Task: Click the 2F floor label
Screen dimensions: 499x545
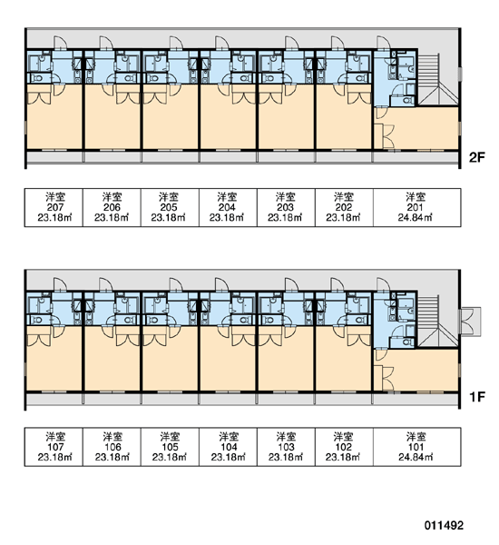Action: (476, 157)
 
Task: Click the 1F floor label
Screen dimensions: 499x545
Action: (476, 396)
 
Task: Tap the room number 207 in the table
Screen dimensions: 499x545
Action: (54, 207)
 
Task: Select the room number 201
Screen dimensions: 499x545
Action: (416, 207)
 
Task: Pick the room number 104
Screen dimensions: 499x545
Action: (229, 446)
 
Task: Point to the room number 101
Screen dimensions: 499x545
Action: (416, 446)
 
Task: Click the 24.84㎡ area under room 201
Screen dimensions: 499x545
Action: (416, 218)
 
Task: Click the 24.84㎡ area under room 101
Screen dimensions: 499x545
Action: (416, 457)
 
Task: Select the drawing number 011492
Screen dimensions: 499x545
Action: (444, 525)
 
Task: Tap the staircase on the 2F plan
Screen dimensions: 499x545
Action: (437, 80)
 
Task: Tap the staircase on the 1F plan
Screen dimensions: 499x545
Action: (437, 322)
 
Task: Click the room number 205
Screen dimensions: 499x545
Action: (169, 207)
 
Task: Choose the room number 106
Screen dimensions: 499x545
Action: (113, 446)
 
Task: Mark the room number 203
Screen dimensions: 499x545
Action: (285, 207)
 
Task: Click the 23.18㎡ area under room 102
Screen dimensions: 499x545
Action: (343, 457)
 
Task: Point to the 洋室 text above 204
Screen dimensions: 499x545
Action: (227, 197)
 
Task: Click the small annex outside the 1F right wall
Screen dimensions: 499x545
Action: (470, 322)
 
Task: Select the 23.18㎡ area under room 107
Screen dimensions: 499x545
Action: (54, 457)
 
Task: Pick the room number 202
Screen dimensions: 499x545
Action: (344, 207)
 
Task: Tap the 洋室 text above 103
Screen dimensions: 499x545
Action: (286, 436)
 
